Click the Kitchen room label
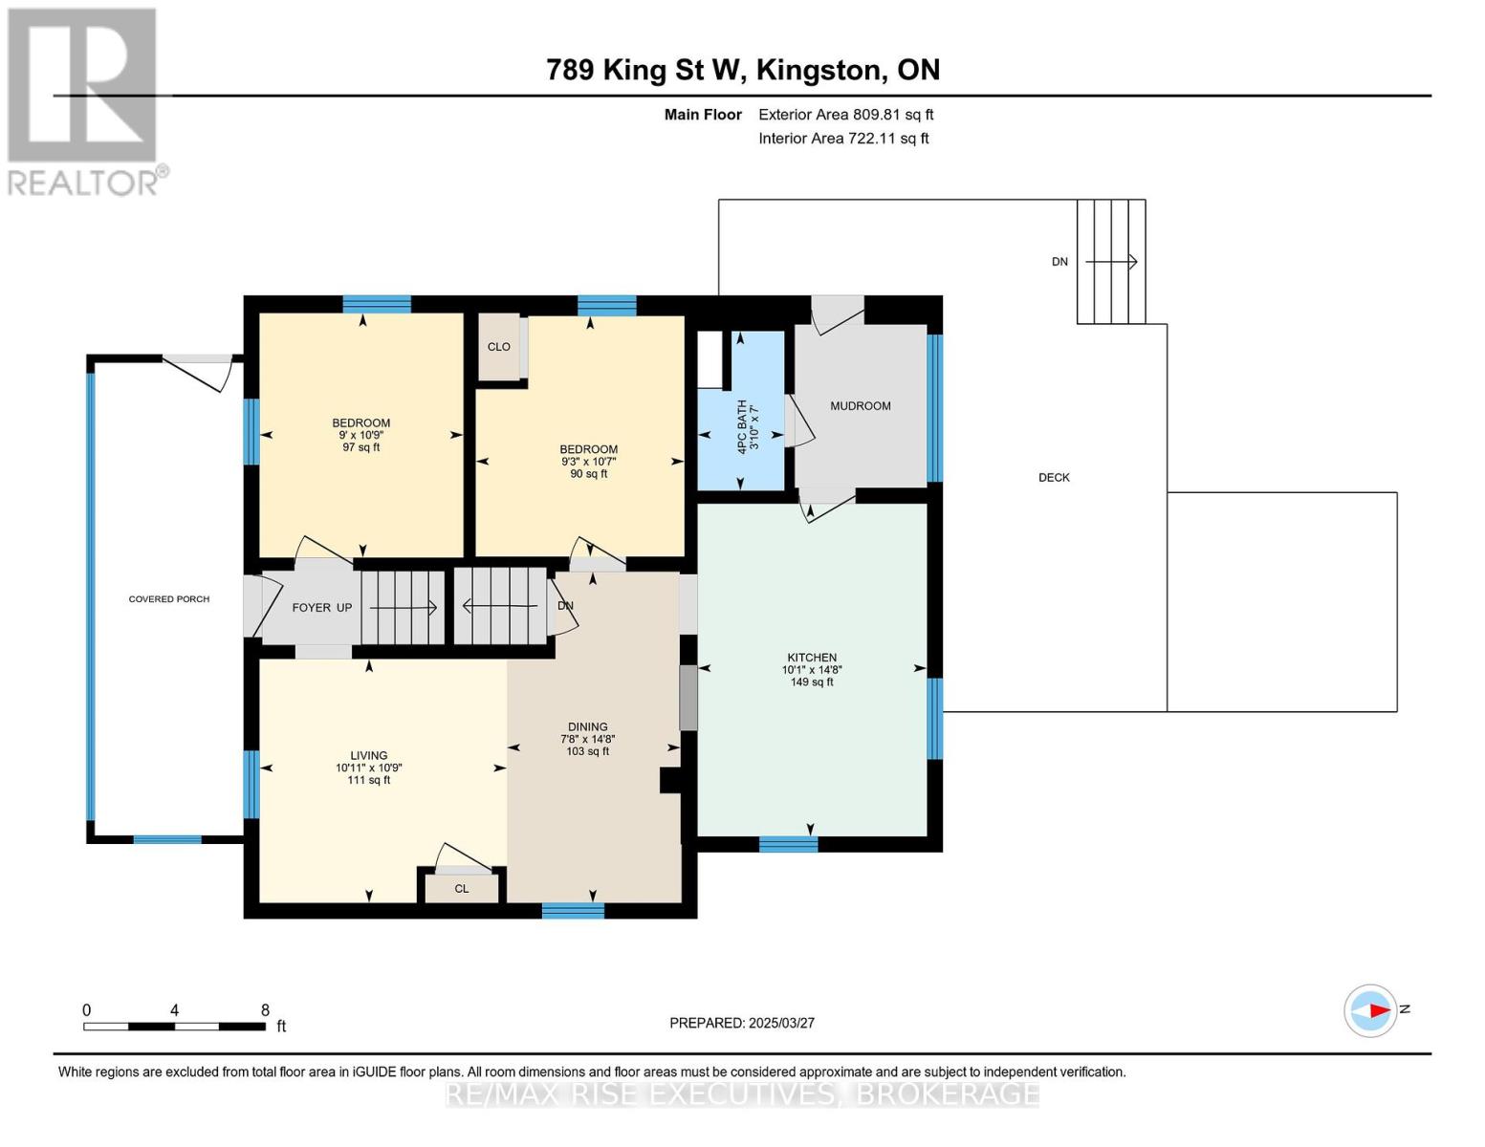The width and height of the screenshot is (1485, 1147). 812,658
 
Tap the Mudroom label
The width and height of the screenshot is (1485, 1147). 860,406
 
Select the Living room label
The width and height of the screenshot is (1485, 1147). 368,755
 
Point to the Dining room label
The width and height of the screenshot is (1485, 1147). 587,727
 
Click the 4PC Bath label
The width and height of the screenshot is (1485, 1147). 747,427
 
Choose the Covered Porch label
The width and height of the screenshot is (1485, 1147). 169,599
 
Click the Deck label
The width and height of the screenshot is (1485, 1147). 1054,477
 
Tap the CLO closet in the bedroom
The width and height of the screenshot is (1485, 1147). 498,347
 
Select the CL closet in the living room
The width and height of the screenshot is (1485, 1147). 462,889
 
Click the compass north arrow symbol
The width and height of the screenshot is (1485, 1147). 1371,1010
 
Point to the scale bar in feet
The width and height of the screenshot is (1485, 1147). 174,1026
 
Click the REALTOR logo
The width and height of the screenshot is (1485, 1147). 84,101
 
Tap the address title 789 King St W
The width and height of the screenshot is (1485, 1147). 742,70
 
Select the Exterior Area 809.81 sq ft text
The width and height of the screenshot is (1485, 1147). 845,115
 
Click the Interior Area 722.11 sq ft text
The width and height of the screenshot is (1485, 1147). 843,139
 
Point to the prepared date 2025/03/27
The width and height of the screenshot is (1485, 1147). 742,1023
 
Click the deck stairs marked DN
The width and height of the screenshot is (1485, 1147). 1110,261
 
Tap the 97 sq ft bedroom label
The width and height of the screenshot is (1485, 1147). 361,435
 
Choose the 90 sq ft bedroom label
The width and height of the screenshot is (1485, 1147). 588,461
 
